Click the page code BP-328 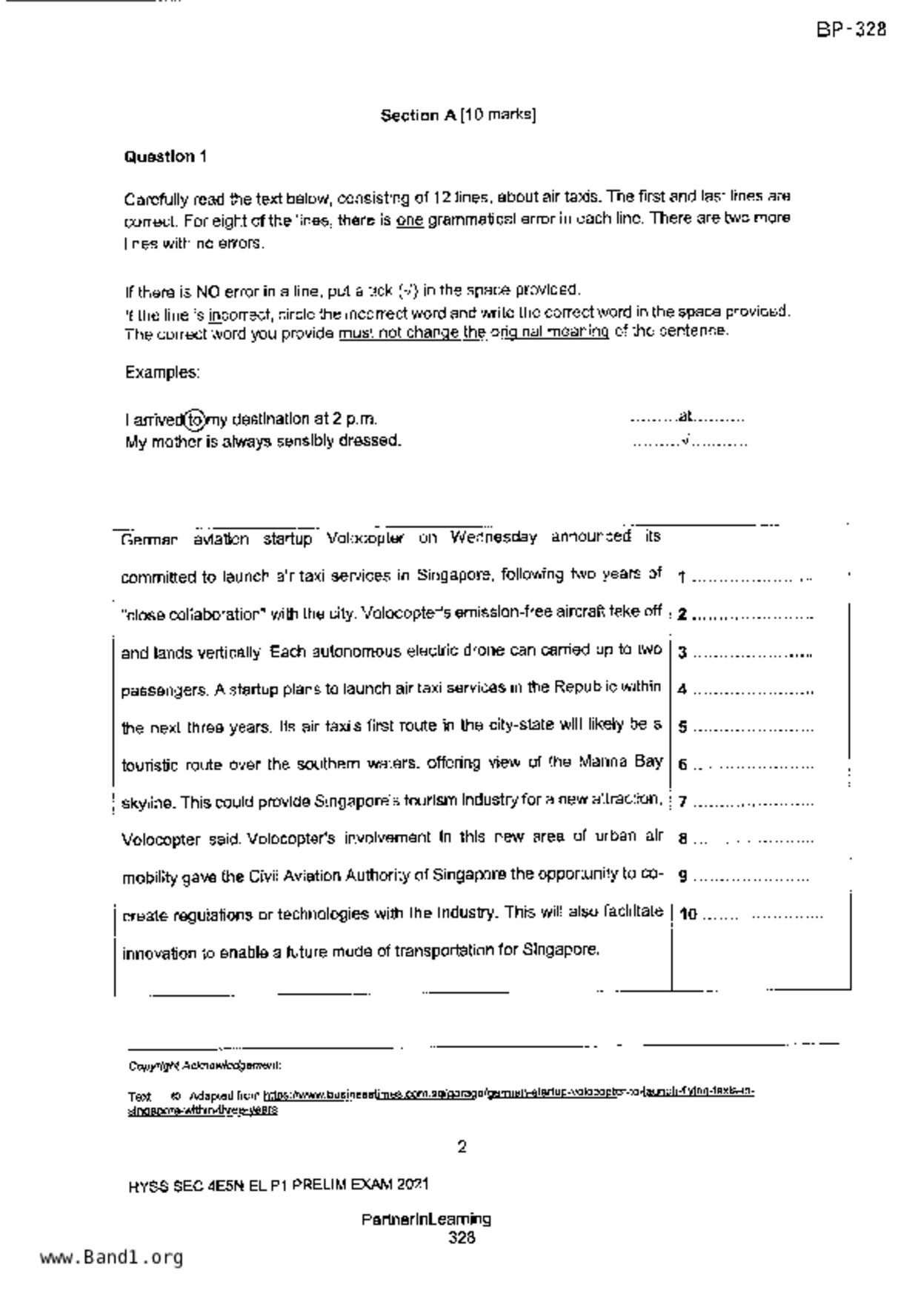851,30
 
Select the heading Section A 418,116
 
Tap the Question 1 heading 165,157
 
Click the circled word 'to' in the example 194,420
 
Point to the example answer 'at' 685,417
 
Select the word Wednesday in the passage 493,537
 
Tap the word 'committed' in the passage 156,577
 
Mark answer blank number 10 763,915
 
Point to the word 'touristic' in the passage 149,765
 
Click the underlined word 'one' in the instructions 410,220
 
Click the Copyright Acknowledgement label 204,1066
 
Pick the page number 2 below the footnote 462,1147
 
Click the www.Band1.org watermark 111,1258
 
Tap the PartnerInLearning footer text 426,1219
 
